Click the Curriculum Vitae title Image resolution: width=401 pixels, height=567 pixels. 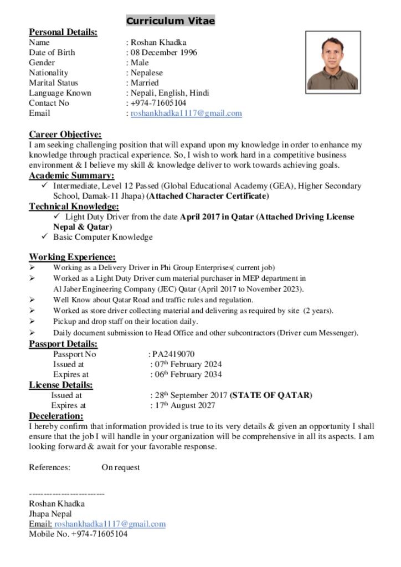pyautogui.click(x=170, y=21)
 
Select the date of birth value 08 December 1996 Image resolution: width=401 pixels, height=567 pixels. pyautogui.click(x=163, y=53)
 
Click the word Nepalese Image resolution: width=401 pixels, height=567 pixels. pyautogui.click(x=147, y=73)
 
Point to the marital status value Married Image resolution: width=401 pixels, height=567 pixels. pyautogui.click(x=145, y=83)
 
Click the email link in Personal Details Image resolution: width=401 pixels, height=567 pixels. pyautogui.click(x=186, y=113)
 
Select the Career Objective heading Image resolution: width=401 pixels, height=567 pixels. pyautogui.click(x=65, y=135)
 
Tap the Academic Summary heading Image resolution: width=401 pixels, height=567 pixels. pyautogui.click(x=71, y=176)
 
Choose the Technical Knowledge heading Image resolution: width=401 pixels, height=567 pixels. pyautogui.click(x=75, y=207)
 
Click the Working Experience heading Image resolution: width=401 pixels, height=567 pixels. pyautogui.click(x=72, y=257)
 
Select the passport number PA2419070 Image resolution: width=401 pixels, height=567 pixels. pyautogui.click(x=173, y=354)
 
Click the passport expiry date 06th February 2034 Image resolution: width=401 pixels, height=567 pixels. pyautogui.click(x=187, y=374)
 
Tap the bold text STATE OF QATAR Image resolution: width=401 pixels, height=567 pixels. pyautogui.click(x=271, y=395)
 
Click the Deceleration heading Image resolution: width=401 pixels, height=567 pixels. pyautogui.click(x=56, y=416)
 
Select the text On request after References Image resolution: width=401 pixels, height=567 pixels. pyautogui.click(x=120, y=467)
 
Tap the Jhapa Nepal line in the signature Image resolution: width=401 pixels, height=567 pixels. pyautogui.click(x=50, y=514)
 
